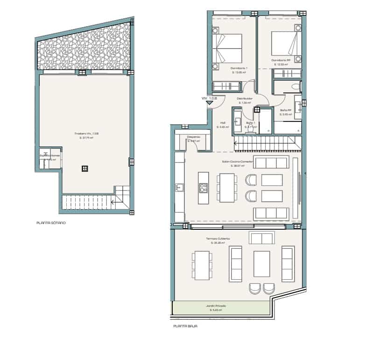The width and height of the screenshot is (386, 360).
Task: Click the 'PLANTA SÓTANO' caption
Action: click(51, 223)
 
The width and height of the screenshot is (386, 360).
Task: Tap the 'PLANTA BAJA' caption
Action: click(185, 326)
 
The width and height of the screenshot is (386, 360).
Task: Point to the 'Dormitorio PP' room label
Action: click(281, 61)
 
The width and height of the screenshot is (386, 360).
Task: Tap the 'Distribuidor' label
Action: click(245, 99)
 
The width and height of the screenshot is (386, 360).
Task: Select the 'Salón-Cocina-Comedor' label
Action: click(237, 162)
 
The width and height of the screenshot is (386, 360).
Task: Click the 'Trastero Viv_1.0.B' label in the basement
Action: click(86, 134)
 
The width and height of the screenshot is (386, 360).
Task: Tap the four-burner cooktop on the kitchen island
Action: click(204, 188)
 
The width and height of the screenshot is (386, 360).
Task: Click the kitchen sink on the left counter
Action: click(180, 188)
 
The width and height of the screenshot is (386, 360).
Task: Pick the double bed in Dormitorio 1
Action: click(228, 48)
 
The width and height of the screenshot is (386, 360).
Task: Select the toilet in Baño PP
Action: click(295, 86)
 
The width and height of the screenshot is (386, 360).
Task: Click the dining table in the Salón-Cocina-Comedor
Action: click(227, 188)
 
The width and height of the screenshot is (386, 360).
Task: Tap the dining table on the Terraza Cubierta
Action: click(202, 265)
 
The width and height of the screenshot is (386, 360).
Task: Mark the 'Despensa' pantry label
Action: click(193, 137)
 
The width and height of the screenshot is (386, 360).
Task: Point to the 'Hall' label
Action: click(223, 124)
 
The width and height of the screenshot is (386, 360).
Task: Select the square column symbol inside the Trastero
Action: click(84, 168)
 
